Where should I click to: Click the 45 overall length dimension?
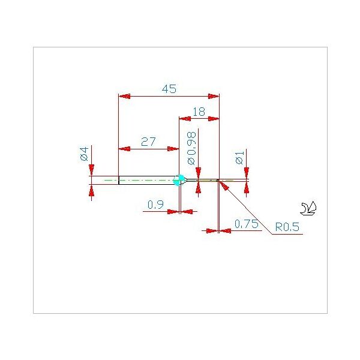pos(169,89)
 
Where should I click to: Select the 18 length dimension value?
pos(199,112)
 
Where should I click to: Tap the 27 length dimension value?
pos(148,142)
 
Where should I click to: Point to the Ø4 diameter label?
pos(84,154)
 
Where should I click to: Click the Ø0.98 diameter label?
pos(192,148)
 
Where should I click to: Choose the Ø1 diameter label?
pos(239,158)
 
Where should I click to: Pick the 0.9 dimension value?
pos(155,205)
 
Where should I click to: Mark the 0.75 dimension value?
pos(247,224)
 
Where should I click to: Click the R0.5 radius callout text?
pos(287,227)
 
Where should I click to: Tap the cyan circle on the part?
pos(179,180)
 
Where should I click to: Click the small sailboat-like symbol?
pos(308,208)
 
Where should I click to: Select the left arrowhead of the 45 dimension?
pos(124,96)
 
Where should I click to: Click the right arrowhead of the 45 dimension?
pos(214,96)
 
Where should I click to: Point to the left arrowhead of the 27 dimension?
pos(124,149)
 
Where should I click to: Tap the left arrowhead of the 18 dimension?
pos(185,119)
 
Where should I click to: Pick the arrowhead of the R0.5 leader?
pos(224,185)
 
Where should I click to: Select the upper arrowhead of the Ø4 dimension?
pos(92,170)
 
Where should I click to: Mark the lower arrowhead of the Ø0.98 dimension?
pos(199,187)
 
